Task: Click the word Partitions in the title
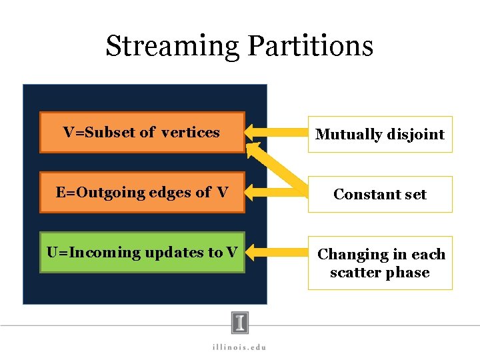tap(310, 46)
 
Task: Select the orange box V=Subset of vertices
tap(142, 132)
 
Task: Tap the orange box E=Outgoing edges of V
tap(142, 193)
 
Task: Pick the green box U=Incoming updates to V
tap(142, 253)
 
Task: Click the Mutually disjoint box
tap(379, 134)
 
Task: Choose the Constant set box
tap(379, 194)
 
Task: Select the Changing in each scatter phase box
tap(379, 263)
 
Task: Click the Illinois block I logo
tap(240, 323)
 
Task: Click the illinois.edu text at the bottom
tap(239, 346)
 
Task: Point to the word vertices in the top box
tap(191, 132)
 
